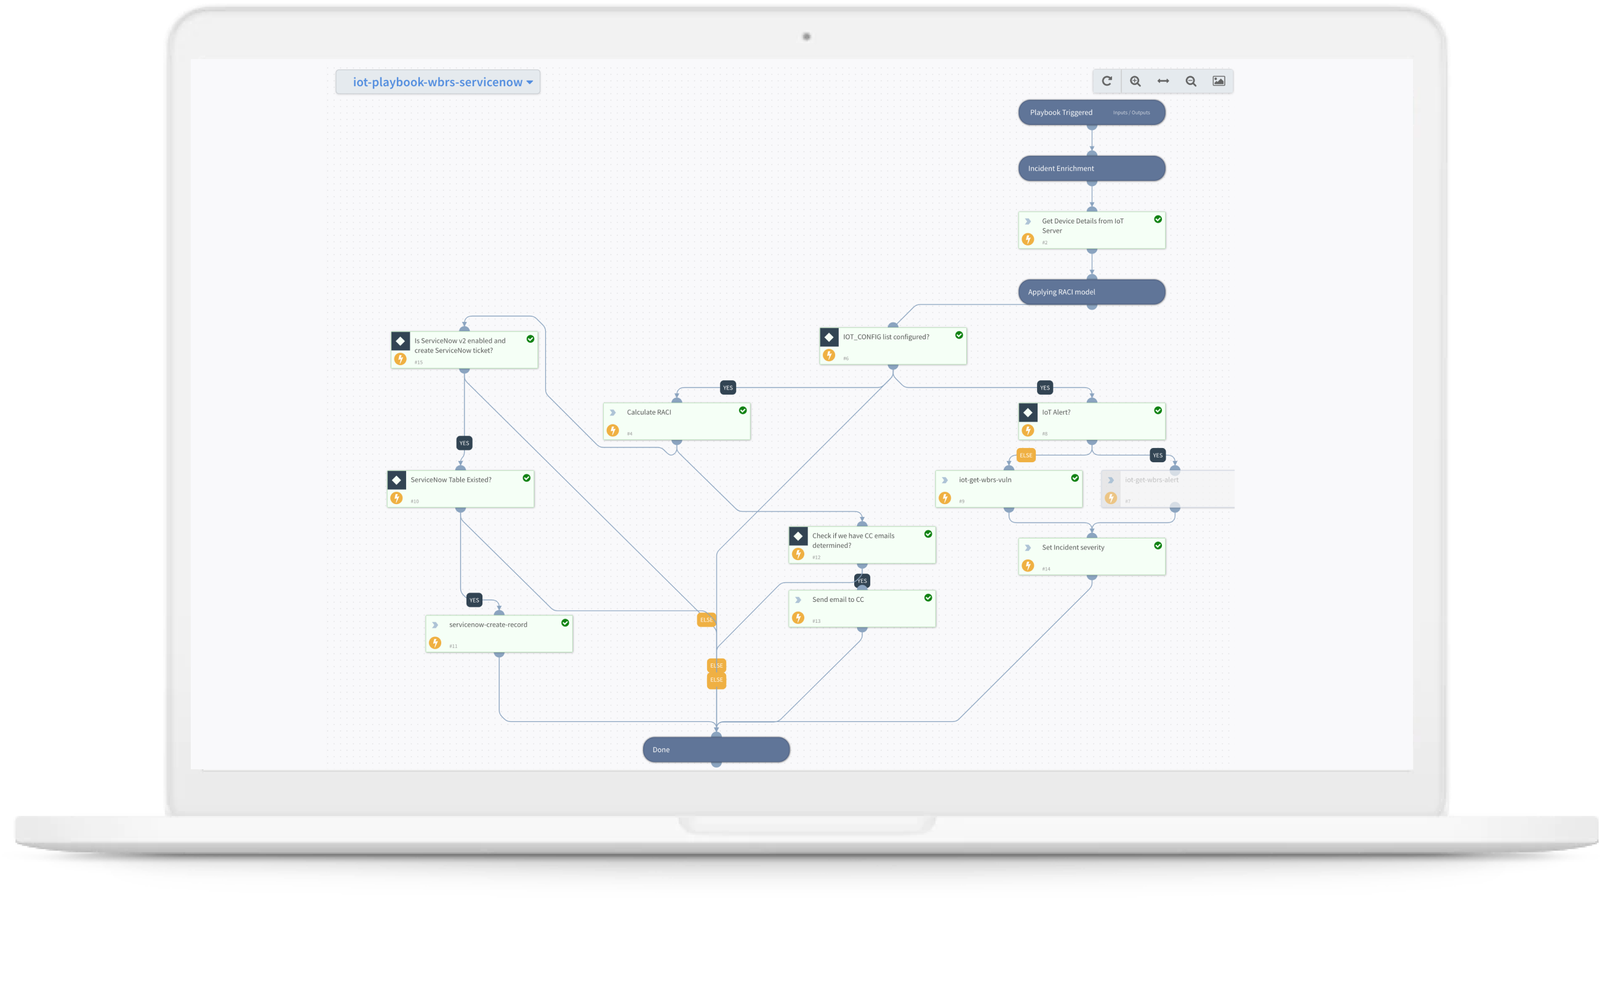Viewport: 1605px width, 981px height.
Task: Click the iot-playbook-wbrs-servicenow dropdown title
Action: (438, 82)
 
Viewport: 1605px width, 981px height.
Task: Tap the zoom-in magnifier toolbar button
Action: (1135, 81)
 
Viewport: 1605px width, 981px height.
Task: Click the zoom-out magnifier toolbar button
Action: (1191, 81)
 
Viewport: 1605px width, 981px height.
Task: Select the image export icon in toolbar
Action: (1219, 81)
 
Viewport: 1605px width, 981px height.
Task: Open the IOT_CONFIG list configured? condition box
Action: (892, 346)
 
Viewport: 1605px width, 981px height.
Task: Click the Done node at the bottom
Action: (716, 750)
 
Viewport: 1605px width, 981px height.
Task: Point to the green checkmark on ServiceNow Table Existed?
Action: (526, 478)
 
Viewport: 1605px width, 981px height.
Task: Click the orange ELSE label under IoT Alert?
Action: (1026, 455)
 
